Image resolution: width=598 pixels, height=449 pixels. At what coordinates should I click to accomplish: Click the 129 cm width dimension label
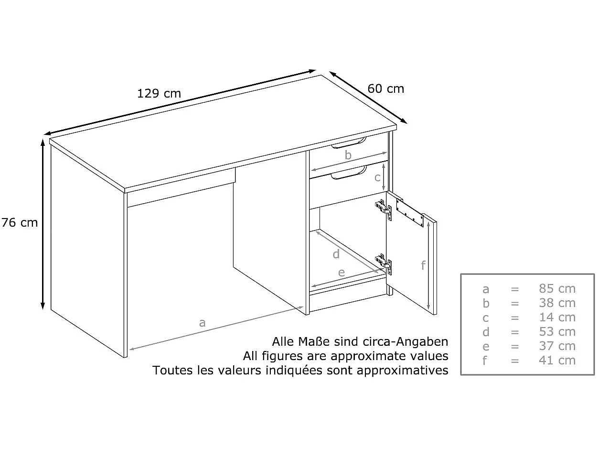159,93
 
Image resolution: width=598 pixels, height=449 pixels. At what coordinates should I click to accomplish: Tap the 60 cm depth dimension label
385,89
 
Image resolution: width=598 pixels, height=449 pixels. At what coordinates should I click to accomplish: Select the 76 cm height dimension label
20,222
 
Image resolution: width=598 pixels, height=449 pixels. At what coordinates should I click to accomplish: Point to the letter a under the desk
202,323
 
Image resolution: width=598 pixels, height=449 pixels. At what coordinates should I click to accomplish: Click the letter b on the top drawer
348,155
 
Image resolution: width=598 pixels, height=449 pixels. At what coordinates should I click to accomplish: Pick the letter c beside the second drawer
377,177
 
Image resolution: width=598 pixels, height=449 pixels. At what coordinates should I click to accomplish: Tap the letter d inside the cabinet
336,254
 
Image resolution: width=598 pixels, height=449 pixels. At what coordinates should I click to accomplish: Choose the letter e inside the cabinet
341,273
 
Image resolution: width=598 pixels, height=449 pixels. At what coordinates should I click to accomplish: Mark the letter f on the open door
423,265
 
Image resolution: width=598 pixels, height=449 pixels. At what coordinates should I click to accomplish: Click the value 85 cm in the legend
557,289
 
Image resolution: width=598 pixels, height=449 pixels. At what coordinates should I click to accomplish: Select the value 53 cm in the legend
557,332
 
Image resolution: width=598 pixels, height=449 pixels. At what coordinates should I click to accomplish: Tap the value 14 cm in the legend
557,318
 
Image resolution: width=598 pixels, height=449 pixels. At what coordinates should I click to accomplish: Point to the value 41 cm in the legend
557,361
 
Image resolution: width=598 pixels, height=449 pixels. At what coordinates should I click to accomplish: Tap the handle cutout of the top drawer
349,143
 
